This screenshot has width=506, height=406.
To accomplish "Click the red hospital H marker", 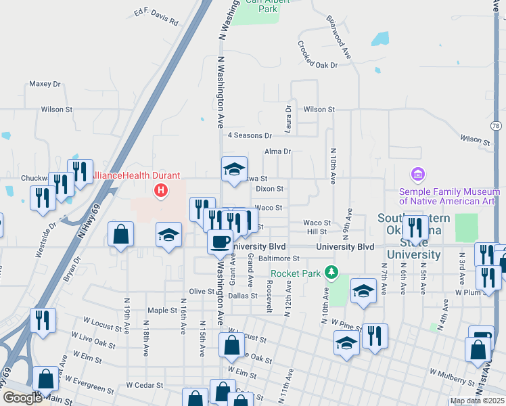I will click(161, 191).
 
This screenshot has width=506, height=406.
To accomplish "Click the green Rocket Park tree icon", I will click(331, 273).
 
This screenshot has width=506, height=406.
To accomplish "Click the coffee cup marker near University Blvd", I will click(219, 242).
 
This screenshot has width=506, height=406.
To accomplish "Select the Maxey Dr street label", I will click(45, 85).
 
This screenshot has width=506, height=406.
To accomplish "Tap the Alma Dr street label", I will click(277, 152).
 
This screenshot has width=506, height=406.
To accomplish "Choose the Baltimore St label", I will click(279, 258).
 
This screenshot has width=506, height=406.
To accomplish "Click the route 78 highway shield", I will click(497, 126).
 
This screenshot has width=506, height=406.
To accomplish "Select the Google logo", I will click(22, 398).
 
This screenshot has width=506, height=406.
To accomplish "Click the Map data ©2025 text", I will click(477, 401).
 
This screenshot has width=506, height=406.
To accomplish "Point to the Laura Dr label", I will click(289, 118).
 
